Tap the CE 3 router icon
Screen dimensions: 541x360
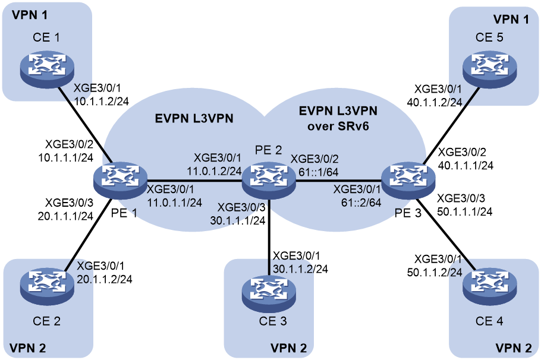[269, 291]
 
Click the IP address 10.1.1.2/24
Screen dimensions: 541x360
[102, 101]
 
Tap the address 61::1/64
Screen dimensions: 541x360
[319, 172]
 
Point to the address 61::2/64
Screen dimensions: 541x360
[361, 203]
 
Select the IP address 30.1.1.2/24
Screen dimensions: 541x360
[300, 269]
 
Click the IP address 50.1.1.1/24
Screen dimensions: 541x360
[465, 211]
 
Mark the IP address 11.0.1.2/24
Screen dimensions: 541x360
[214, 170]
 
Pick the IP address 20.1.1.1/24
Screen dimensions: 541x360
[65, 216]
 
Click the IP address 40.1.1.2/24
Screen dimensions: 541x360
[435, 102]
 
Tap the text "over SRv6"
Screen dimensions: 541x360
[338, 126]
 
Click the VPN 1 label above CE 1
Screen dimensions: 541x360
[30, 15]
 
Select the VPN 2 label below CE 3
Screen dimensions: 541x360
[288, 348]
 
